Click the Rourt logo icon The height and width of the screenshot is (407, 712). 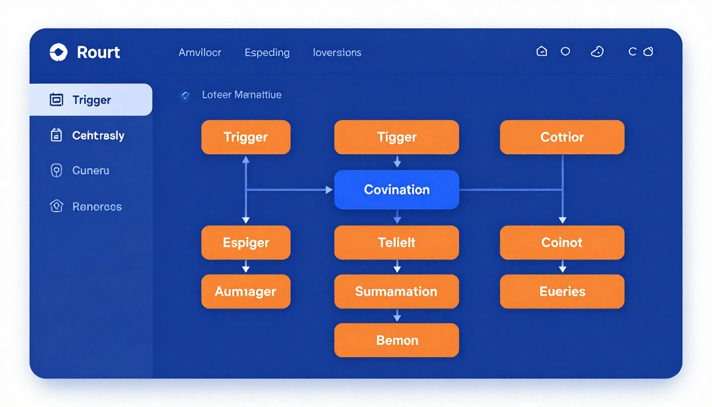pyautogui.click(x=58, y=52)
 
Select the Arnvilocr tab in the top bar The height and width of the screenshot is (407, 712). pyautogui.click(x=200, y=52)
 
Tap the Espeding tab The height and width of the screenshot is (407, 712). pyautogui.click(x=267, y=52)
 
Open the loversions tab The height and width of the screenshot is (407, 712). pyautogui.click(x=337, y=52)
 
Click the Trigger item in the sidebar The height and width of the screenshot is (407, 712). pyautogui.click(x=91, y=100)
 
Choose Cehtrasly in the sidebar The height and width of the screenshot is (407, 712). pyautogui.click(x=98, y=136)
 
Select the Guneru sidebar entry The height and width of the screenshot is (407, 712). pyautogui.click(x=91, y=171)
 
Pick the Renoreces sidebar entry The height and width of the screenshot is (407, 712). pyautogui.click(x=97, y=207)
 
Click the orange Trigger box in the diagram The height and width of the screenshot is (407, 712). pyautogui.click(x=246, y=137)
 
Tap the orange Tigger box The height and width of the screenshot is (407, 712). pyautogui.click(x=396, y=137)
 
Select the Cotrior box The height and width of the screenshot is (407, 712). pyautogui.click(x=562, y=137)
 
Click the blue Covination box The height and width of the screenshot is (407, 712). pyautogui.click(x=396, y=190)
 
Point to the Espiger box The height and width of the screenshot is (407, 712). pyautogui.click(x=246, y=243)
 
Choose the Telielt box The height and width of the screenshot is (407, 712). pyautogui.click(x=396, y=243)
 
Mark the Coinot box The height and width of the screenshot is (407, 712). pyautogui.click(x=562, y=243)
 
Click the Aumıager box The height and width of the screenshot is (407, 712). pyautogui.click(x=246, y=291)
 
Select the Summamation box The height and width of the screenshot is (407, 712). pyautogui.click(x=396, y=291)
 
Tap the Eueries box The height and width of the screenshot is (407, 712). pyautogui.click(x=562, y=291)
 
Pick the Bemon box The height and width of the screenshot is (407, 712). pyautogui.click(x=396, y=340)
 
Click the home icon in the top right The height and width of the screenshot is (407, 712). pyautogui.click(x=541, y=51)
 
